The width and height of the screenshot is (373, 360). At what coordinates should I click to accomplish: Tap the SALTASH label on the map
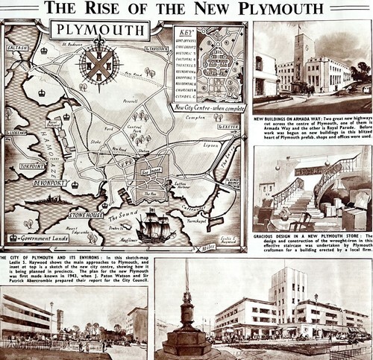click(16, 47)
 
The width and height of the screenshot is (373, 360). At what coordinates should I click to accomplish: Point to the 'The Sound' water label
click(128, 217)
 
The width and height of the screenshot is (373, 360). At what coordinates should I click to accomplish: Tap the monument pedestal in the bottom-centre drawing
click(186, 339)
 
